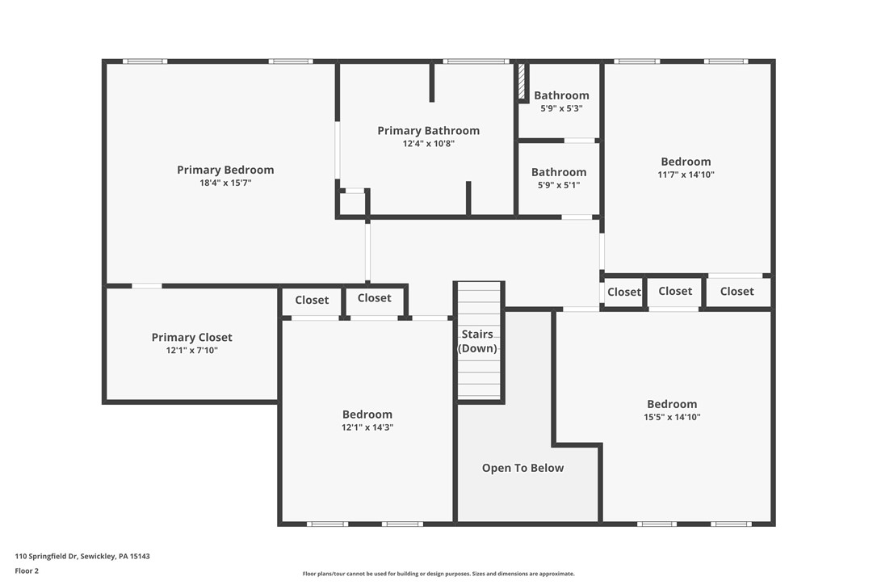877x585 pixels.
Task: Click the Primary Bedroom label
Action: pos(225,170)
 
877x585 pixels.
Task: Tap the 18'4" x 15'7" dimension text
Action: pos(225,183)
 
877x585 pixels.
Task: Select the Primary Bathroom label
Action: pos(428,130)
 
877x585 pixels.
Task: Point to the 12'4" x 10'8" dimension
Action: pos(428,144)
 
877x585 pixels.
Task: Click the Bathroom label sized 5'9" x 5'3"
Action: pos(561,95)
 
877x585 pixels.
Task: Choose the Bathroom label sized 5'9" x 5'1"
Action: pos(558,172)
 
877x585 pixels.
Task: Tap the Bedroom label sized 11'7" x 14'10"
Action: pos(686,162)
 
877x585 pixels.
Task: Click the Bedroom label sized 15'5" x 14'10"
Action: pos(671,404)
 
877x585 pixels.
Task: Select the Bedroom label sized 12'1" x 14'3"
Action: pos(367,415)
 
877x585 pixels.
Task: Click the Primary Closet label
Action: pos(191,337)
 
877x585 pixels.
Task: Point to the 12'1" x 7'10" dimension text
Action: pos(191,351)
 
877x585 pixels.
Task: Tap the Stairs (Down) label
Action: pos(477,341)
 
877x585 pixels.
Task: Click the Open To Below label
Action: pos(522,468)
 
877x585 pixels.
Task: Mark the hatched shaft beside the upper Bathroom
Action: pos(522,82)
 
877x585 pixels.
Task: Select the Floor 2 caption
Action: pos(27,570)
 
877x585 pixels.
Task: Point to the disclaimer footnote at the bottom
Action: pos(438,574)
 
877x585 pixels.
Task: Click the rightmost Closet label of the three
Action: pos(736,291)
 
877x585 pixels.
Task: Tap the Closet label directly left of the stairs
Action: pos(374,297)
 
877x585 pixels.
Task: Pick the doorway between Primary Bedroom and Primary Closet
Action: pos(146,285)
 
